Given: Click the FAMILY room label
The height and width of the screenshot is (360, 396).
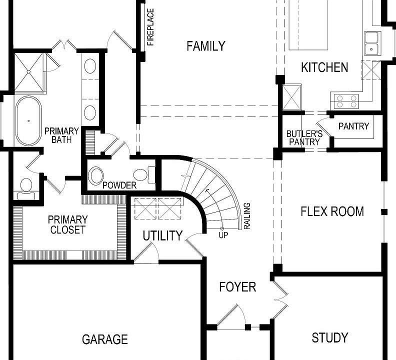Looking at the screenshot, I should click(x=205, y=46).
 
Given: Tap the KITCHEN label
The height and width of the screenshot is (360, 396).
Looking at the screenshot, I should click(x=324, y=67).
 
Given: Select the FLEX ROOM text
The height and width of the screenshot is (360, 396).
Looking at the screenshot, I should click(x=332, y=211).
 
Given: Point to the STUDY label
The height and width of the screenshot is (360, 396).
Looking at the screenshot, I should click(x=329, y=338).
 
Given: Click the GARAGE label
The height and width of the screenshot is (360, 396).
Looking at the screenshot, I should click(x=104, y=339).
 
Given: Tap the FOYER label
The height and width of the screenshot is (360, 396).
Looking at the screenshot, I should click(x=237, y=287).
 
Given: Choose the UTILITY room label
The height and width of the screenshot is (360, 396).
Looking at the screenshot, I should click(x=162, y=236).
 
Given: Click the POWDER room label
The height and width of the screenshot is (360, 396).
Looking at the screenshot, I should click(x=119, y=185).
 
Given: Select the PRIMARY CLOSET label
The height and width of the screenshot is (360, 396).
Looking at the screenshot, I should click(x=67, y=225).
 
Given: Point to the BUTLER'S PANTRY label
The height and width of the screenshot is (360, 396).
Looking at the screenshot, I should click(x=303, y=138).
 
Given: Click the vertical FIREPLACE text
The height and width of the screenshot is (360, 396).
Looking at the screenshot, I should click(x=150, y=27).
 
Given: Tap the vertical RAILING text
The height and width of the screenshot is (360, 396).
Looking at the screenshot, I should click(x=246, y=216).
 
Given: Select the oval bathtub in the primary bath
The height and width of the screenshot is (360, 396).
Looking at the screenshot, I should click(x=28, y=120).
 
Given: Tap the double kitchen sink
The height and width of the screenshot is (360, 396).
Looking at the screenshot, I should click(x=371, y=43).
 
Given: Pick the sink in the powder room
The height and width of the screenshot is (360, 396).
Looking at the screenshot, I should click(x=96, y=176).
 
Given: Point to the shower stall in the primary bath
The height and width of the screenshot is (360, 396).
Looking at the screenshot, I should click(x=29, y=73).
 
